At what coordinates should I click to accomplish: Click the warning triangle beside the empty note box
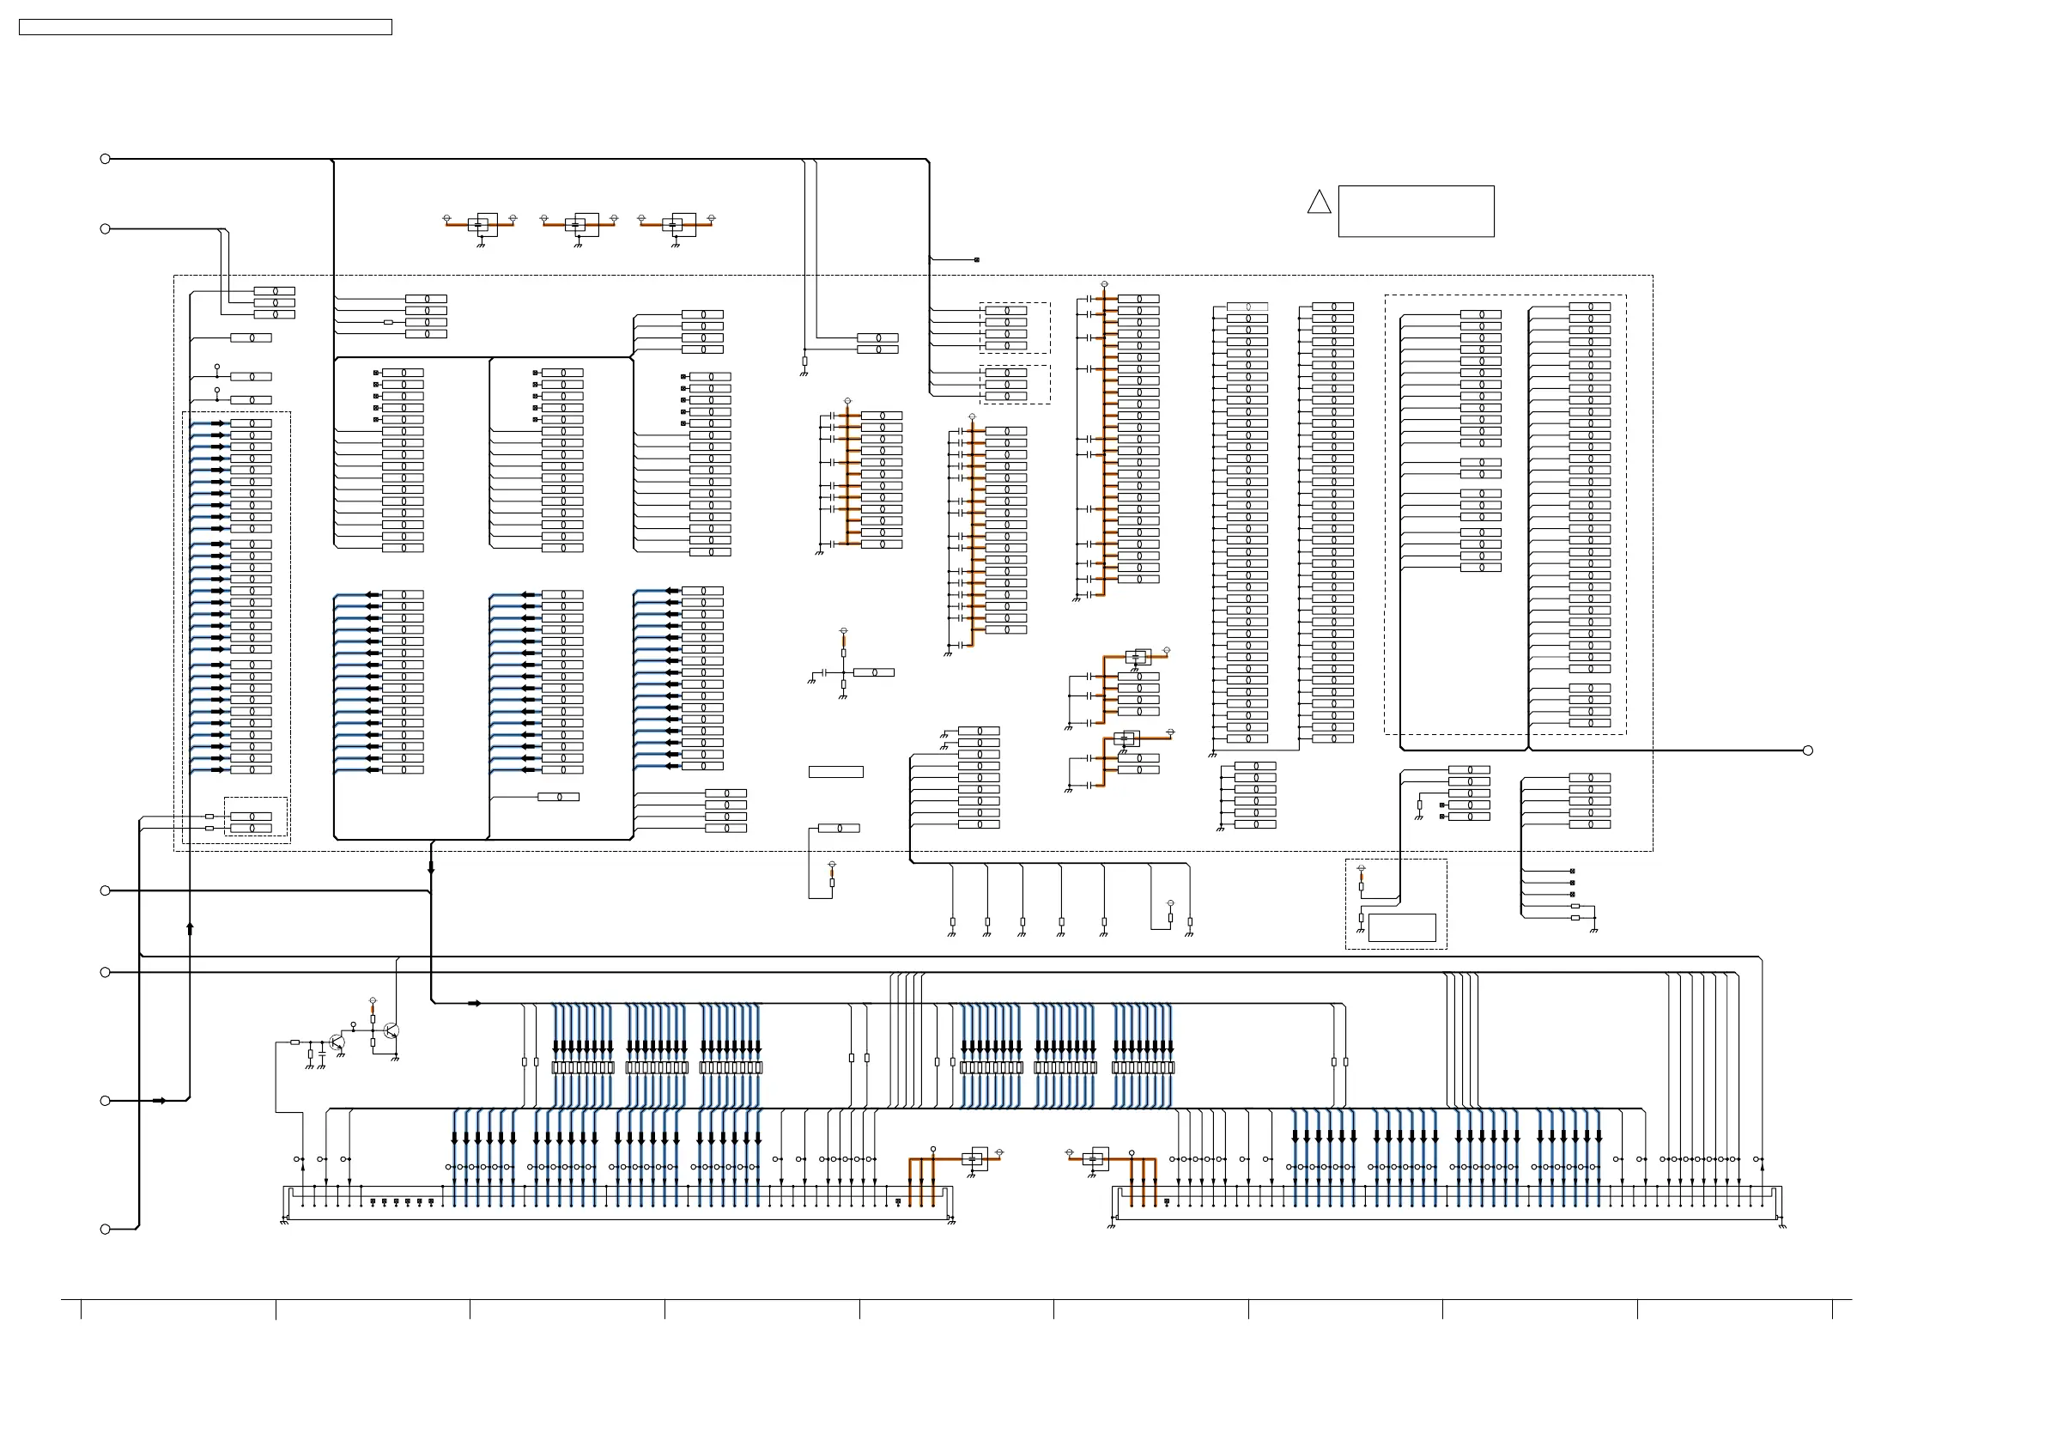click(x=1319, y=204)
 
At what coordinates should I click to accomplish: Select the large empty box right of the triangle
click(x=1416, y=211)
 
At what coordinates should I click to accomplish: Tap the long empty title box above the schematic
click(x=205, y=27)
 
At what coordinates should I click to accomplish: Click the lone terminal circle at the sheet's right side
click(x=1807, y=750)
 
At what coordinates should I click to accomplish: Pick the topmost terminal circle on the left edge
click(x=105, y=159)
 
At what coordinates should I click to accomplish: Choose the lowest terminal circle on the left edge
click(x=105, y=1230)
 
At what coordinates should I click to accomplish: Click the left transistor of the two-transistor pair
click(x=336, y=1042)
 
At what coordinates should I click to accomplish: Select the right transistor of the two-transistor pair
click(x=390, y=1030)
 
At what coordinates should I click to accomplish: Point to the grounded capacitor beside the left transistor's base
click(x=320, y=1054)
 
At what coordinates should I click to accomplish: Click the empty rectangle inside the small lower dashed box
click(x=1401, y=927)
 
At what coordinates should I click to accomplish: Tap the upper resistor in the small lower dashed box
click(x=1361, y=886)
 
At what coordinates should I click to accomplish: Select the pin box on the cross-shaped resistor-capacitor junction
click(x=874, y=672)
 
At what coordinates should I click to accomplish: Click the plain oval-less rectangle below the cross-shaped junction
click(x=835, y=772)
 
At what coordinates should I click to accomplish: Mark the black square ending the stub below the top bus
click(x=977, y=260)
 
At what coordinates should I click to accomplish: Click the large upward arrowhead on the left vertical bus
click(x=190, y=927)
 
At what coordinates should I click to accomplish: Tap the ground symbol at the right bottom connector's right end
click(x=1782, y=1225)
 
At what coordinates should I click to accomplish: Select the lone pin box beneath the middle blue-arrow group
click(x=558, y=797)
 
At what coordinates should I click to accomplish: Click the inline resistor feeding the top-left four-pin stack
click(x=387, y=323)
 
